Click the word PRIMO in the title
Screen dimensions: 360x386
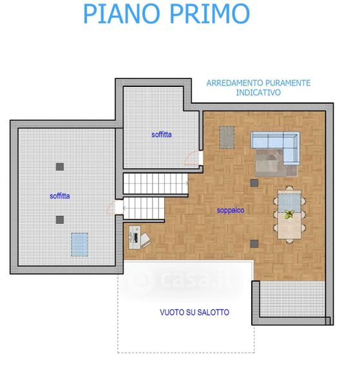tap(210, 14)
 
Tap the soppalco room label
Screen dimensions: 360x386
tap(231, 210)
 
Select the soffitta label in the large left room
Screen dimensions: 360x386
tap(60, 196)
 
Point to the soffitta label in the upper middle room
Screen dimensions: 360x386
tap(162, 134)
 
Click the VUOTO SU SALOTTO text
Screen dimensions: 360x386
tap(194, 313)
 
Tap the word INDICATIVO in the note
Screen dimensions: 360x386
tap(258, 93)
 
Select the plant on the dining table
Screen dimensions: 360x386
tap(289, 214)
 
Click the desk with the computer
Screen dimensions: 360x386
tap(135, 237)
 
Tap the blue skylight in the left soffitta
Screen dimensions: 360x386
tap(80, 244)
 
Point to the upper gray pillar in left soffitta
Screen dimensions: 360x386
tap(60, 167)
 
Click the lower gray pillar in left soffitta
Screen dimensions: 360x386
tap(60, 220)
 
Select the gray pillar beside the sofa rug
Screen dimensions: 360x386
tap(254, 183)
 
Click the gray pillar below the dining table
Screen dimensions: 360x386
tap(254, 244)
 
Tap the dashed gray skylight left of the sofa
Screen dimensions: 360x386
tap(227, 138)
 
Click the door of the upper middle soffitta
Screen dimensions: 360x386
tap(193, 158)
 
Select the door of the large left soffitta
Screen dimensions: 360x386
tap(115, 207)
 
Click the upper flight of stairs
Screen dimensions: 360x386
tap(155, 183)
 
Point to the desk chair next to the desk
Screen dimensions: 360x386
tap(146, 239)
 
